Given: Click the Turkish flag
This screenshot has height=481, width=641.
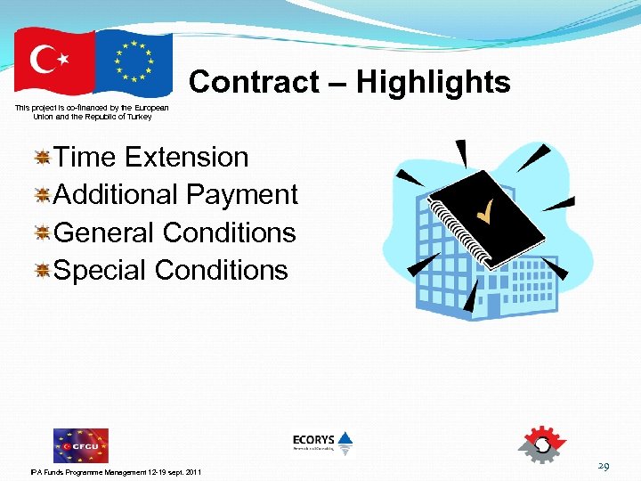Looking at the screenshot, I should tap(53, 61).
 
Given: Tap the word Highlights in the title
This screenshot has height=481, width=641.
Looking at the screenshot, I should tap(434, 82).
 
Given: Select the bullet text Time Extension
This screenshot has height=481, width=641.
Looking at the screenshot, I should tap(150, 157).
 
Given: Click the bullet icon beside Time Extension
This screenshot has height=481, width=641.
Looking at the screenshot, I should tap(42, 158).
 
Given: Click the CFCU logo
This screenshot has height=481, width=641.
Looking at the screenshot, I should tap(80, 444).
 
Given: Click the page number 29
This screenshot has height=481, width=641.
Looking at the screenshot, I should tap(603, 466).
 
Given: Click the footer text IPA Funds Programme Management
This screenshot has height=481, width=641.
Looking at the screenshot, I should tap(116, 471).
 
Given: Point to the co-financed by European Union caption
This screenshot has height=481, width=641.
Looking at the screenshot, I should tap(92, 112).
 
